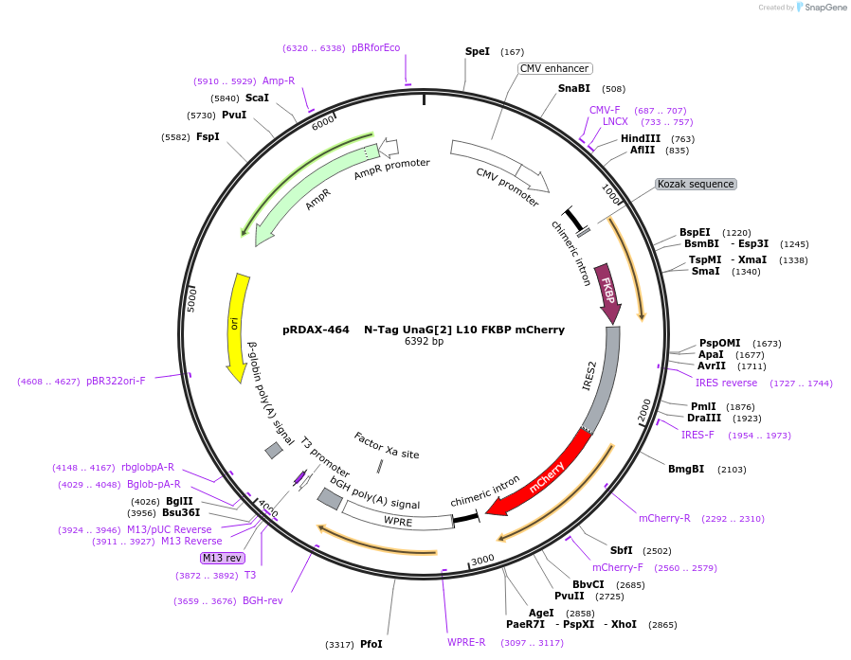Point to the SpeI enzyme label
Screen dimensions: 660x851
point(478,51)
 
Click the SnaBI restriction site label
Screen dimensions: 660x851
point(574,88)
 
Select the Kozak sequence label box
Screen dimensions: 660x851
point(696,184)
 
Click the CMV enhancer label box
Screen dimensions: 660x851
point(554,68)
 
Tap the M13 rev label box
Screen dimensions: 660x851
point(223,558)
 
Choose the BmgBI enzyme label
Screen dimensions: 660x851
point(686,468)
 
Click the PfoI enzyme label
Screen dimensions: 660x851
point(371,644)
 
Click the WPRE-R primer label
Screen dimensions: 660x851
point(466,642)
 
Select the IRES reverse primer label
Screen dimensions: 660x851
point(726,383)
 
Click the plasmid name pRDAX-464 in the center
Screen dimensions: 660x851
point(316,330)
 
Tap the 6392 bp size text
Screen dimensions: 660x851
point(424,341)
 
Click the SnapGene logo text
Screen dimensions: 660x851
point(823,8)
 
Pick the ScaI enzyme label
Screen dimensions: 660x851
point(257,98)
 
